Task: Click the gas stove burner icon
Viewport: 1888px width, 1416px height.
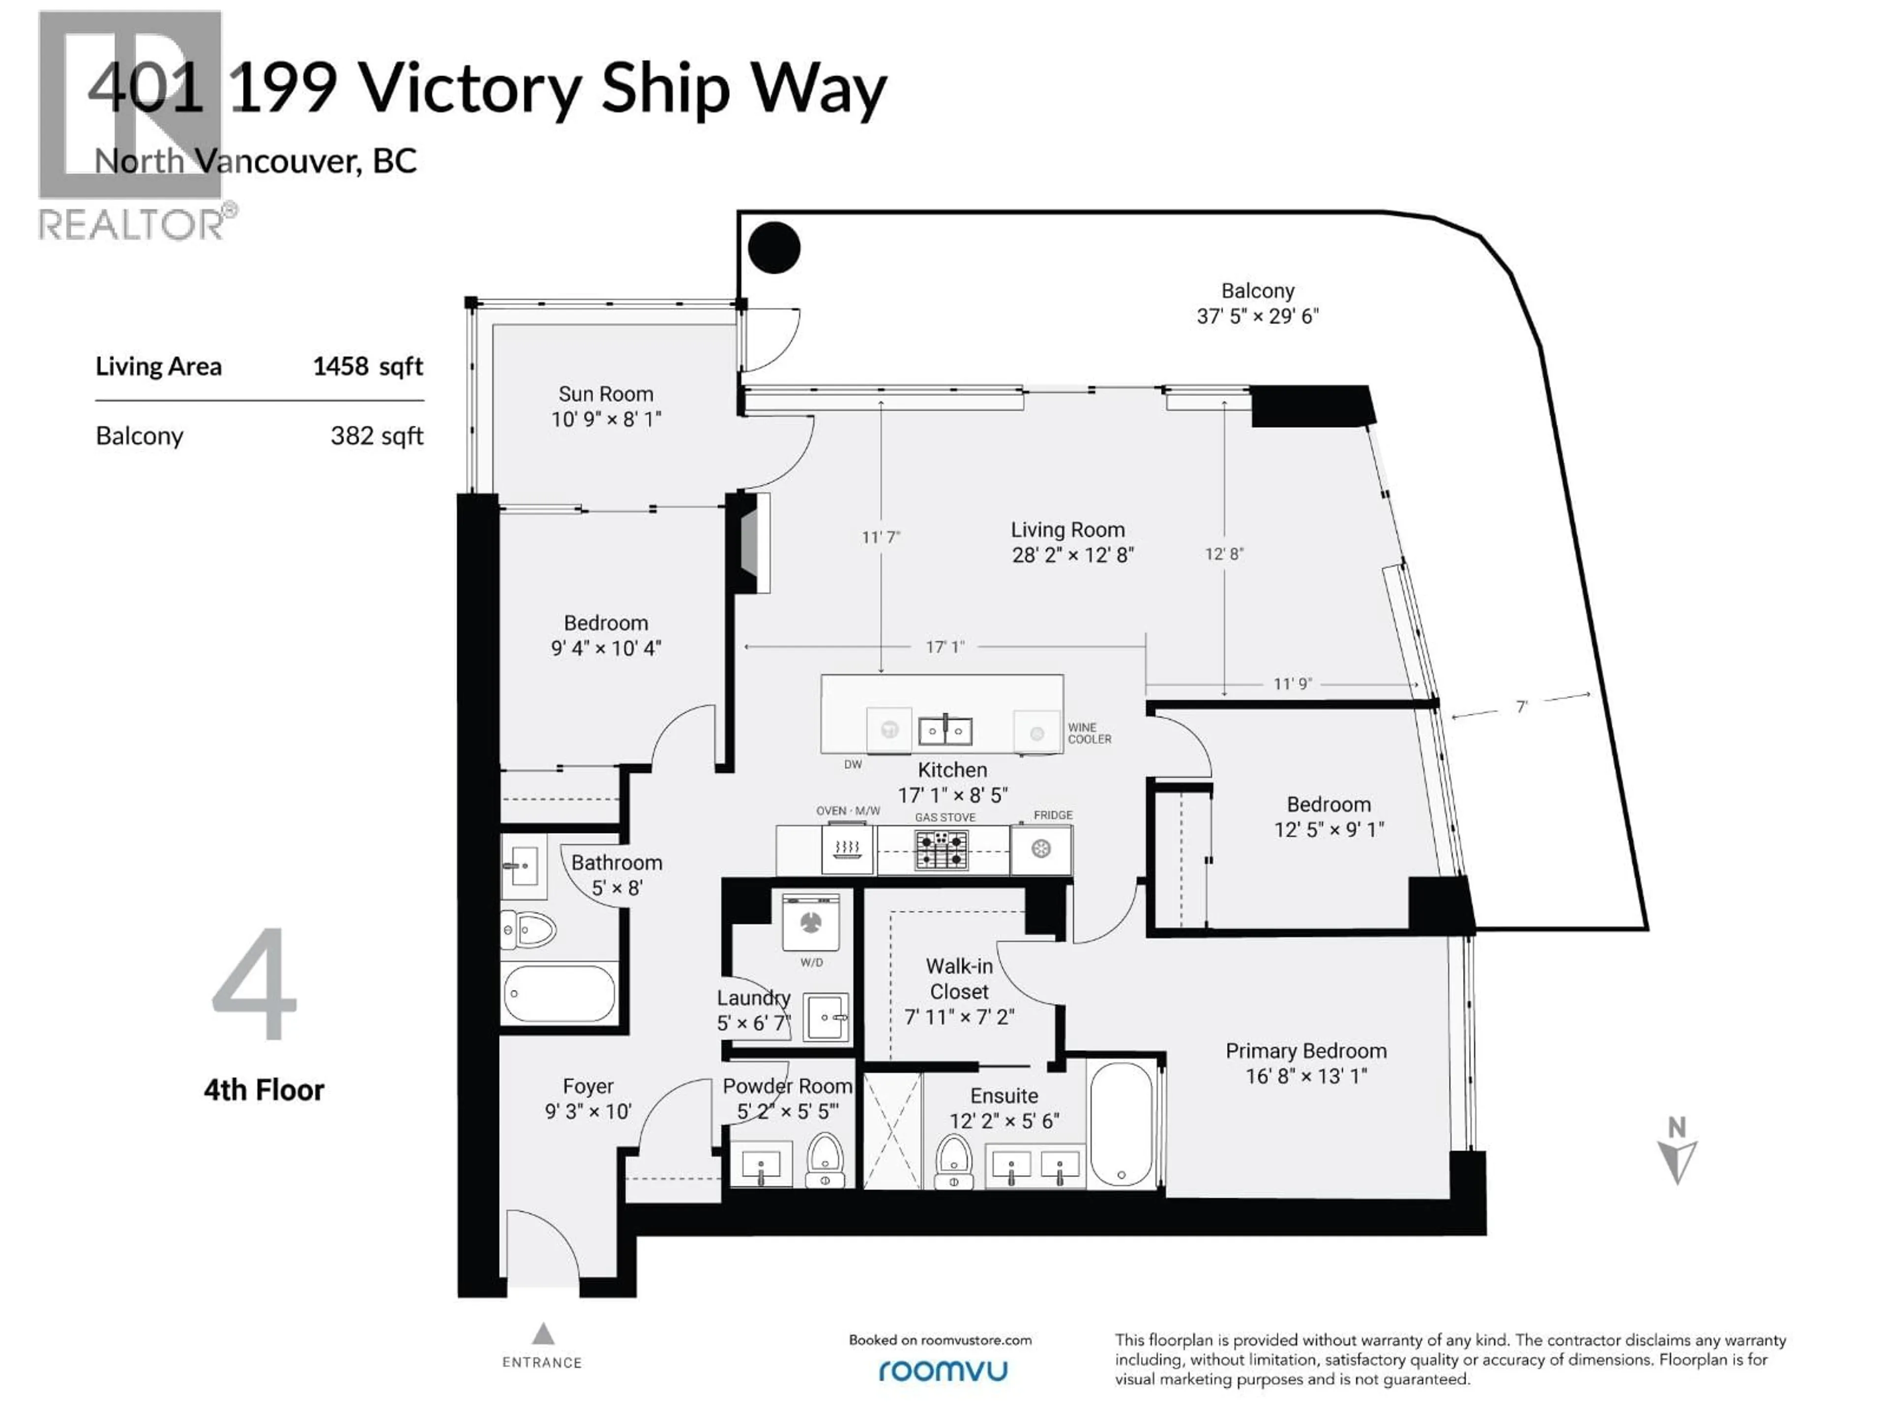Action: (942, 849)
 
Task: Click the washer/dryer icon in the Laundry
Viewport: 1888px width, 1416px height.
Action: (811, 922)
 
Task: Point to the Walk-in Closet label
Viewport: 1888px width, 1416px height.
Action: (959, 979)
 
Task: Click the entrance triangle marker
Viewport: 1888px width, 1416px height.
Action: (543, 1333)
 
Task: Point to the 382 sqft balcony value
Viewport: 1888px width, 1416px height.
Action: (377, 436)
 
